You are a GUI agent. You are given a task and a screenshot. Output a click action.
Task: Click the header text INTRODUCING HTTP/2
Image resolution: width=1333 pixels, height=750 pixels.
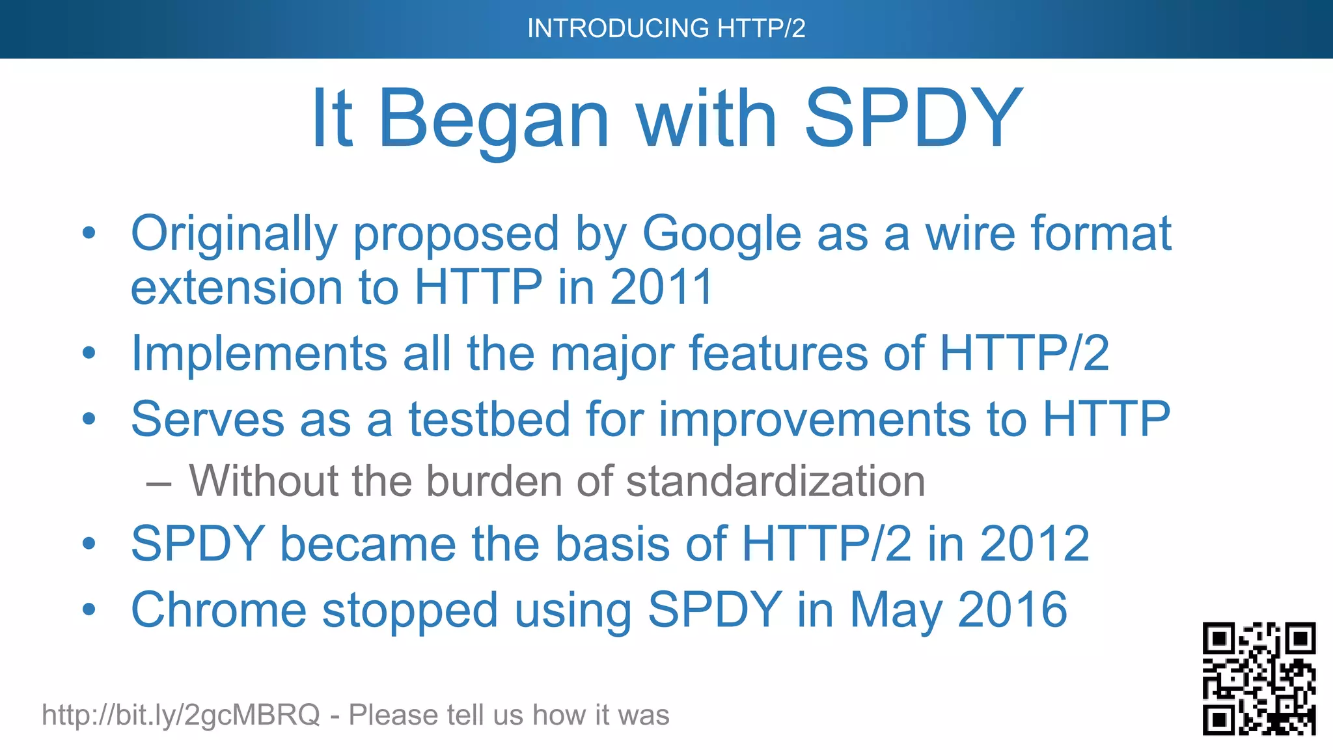click(x=666, y=29)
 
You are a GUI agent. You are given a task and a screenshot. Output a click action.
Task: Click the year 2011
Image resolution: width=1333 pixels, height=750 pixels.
click(x=661, y=288)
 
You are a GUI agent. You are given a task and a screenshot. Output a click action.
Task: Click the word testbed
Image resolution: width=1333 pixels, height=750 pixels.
click(x=489, y=419)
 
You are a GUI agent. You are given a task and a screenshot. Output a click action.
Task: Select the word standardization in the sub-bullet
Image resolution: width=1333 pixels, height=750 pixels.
click(x=775, y=482)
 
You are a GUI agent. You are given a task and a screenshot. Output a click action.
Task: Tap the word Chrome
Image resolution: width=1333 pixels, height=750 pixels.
click(x=218, y=611)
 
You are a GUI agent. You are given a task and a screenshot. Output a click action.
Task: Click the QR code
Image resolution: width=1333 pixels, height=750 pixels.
click(x=1259, y=678)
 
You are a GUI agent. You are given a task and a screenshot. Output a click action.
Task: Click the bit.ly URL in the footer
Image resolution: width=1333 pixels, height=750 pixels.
click(x=181, y=715)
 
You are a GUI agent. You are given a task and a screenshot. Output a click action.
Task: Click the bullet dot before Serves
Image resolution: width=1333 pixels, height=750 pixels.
click(x=89, y=419)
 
